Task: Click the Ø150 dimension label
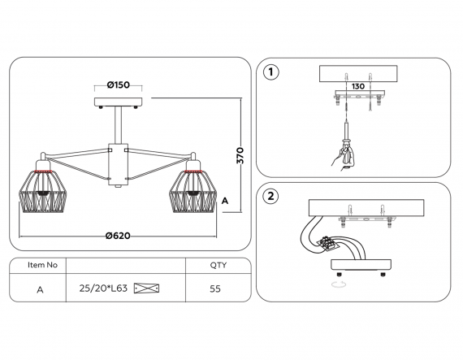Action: tap(119, 85)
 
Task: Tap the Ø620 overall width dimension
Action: tap(118, 236)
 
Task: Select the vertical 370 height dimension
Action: tap(240, 155)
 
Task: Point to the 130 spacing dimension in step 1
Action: tap(358, 86)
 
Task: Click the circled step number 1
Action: tap(270, 72)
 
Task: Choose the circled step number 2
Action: tap(270, 196)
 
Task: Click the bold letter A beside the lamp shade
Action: tap(225, 201)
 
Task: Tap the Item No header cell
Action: tap(42, 265)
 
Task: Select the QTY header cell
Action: tap(219, 265)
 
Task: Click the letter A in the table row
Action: tap(40, 290)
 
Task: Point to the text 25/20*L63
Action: tap(103, 288)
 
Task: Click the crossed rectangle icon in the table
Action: tap(146, 288)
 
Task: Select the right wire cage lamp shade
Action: tap(193, 190)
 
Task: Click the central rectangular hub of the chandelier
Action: tap(118, 164)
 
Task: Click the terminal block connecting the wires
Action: tap(327, 243)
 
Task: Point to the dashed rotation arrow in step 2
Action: tap(339, 284)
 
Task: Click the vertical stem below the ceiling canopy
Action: tap(118, 125)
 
